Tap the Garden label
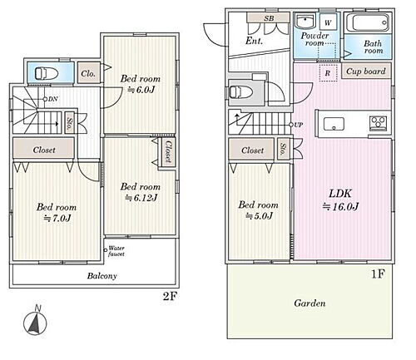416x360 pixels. [310, 303]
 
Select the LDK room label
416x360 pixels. [340, 194]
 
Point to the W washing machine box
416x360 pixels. [328, 22]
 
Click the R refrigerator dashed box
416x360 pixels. [328, 73]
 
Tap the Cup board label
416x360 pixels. [366, 72]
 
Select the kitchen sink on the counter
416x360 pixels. [334, 124]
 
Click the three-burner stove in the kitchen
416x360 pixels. [379, 123]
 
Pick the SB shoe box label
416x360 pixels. [269, 18]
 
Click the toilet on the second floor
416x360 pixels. [47, 73]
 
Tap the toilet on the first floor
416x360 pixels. [241, 91]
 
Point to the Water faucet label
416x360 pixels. [116, 251]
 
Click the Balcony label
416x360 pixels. [102, 276]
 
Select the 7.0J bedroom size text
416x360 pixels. [57, 219]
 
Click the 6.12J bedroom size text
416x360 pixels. [141, 198]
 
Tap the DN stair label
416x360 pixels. [52, 99]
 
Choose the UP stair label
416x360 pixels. [298, 125]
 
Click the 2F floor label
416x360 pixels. [170, 297]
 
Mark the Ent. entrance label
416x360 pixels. [254, 41]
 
